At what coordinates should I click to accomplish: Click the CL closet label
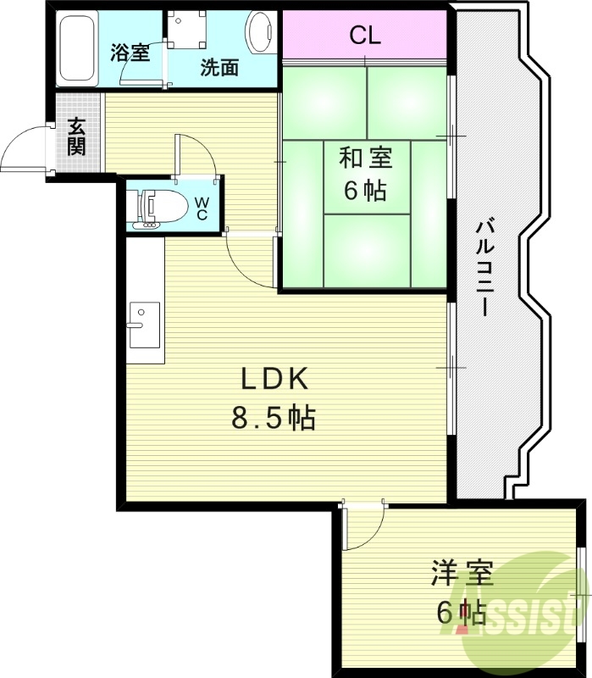pyautogui.click(x=365, y=36)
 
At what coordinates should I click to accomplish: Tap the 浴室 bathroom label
pyautogui.click(x=130, y=52)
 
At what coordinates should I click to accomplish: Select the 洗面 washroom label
pyautogui.click(x=219, y=69)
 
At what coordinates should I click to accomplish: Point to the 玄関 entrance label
pyautogui.click(x=77, y=136)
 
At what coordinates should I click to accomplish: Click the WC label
pyautogui.click(x=203, y=208)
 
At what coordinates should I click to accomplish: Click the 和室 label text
pyautogui.click(x=366, y=158)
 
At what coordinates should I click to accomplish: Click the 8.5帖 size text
pyautogui.click(x=273, y=417)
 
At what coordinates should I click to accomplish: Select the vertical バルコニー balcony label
pyautogui.click(x=484, y=268)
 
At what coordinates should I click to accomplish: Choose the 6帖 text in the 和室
pyautogui.click(x=366, y=192)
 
